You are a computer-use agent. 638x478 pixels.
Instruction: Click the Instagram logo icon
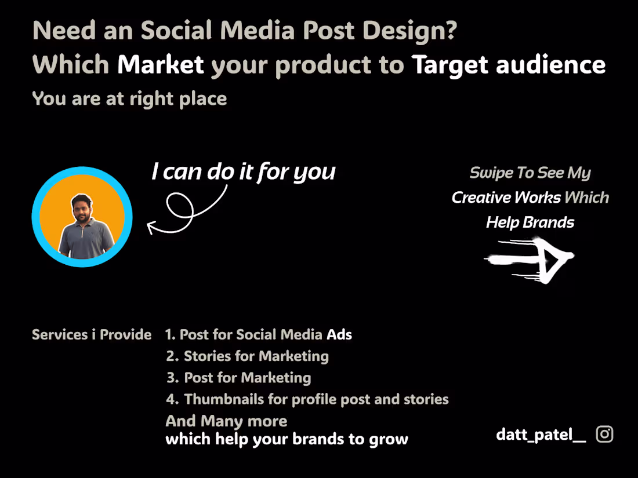(x=604, y=434)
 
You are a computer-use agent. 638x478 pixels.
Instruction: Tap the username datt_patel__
(x=541, y=435)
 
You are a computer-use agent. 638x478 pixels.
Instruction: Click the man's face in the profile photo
(x=81, y=207)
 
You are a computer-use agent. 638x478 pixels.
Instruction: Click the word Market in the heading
(x=161, y=65)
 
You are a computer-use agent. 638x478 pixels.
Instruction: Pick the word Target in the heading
(x=450, y=65)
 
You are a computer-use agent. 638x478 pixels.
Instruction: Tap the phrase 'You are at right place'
(x=129, y=98)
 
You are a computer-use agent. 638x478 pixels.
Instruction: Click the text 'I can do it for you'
(x=243, y=172)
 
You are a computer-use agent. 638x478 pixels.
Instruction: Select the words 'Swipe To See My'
(x=530, y=173)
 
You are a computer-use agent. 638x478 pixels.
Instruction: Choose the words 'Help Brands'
(x=530, y=222)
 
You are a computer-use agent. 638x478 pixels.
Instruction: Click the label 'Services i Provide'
(x=92, y=335)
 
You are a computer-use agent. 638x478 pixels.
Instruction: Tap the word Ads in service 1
(x=339, y=334)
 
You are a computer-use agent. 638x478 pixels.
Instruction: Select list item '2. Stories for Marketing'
(x=248, y=356)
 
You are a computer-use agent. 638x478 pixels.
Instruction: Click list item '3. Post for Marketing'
(x=239, y=378)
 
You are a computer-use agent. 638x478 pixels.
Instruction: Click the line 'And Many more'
(x=226, y=421)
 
